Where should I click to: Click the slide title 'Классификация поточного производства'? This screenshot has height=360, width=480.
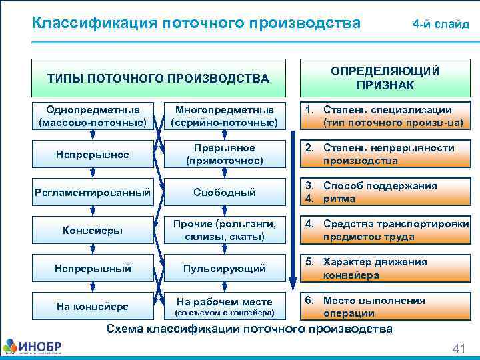pos(197,23)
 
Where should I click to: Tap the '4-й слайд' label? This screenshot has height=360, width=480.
pos(440,25)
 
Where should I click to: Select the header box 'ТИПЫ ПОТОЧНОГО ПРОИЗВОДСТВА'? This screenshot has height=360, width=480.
pos(158,78)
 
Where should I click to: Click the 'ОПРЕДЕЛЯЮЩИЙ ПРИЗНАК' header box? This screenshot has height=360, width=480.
pos(385,78)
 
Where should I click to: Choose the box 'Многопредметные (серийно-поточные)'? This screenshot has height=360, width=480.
pos(224,116)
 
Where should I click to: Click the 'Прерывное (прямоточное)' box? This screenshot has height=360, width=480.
pos(224,154)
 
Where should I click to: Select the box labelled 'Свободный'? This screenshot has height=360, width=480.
pos(224,192)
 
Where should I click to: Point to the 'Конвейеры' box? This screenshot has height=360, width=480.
pos(92,230)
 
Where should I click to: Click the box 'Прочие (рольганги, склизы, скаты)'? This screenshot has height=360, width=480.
pos(224,230)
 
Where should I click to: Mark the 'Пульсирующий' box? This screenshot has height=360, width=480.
pos(224,269)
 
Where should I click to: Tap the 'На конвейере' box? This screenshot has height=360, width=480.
pos(92,307)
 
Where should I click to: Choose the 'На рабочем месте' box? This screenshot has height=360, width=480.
pos(224,307)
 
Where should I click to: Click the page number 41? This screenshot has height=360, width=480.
pos(458,349)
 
